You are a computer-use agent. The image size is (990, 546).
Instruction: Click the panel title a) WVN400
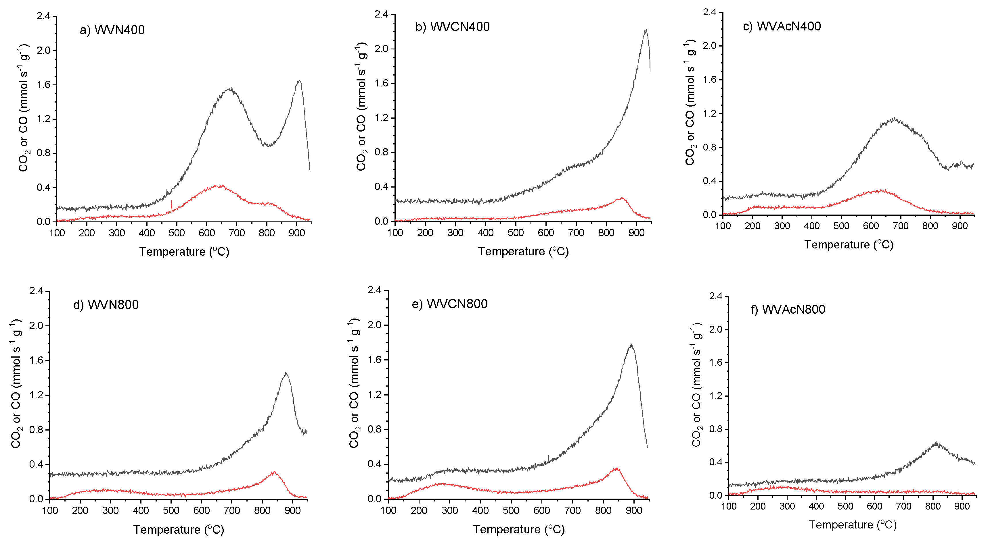[x=112, y=30]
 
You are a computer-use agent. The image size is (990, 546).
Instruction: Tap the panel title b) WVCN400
[x=452, y=27]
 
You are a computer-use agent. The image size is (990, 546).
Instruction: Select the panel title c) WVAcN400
[x=782, y=26]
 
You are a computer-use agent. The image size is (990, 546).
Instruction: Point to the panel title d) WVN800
[x=106, y=305]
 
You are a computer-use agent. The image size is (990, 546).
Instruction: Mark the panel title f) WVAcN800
[x=788, y=310]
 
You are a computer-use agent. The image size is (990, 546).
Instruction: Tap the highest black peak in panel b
[x=646, y=30]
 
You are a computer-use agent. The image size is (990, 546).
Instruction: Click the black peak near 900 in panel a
[x=299, y=81]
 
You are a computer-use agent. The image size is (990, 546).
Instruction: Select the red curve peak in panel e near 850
[x=617, y=468]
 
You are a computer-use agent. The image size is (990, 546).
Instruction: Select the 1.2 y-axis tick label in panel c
[x=710, y=114]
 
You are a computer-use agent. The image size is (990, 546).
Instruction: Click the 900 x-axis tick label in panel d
[x=292, y=511]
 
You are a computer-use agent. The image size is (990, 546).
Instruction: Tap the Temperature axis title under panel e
[x=518, y=530]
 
